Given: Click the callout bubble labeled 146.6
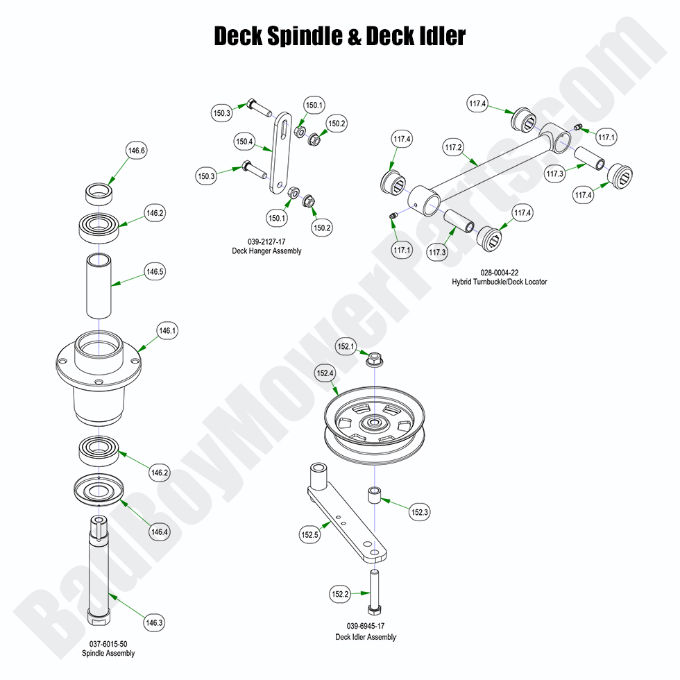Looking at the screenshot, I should click(x=137, y=151).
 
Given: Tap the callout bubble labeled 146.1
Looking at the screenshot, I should click(x=167, y=332).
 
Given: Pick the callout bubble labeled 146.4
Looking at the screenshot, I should click(x=159, y=532).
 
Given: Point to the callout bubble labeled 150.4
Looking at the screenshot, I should click(x=245, y=142).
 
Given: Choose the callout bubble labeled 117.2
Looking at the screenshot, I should click(x=454, y=147).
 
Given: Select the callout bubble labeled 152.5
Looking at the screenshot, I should click(x=309, y=535).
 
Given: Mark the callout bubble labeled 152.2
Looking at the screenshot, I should click(x=340, y=594).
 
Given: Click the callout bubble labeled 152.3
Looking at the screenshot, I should click(x=420, y=513).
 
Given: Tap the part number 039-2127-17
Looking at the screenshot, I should click(x=266, y=241).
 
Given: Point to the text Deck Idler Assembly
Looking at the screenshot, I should click(x=366, y=637).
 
